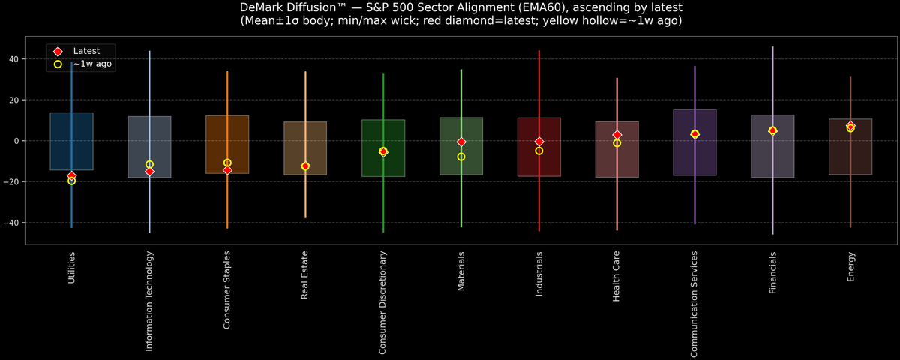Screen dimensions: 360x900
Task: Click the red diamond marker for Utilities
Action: pos(71,175)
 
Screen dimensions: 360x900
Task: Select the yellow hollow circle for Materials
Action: pos(461,157)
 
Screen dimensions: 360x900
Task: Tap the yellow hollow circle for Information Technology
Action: pos(149,164)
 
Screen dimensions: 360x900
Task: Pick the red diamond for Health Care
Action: pos(617,135)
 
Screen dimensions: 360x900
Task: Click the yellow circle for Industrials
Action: pos(539,151)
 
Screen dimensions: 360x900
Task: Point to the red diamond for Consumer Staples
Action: pos(227,170)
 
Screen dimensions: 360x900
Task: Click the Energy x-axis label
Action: pos(850,266)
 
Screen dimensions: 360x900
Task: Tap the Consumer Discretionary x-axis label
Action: pos(382,302)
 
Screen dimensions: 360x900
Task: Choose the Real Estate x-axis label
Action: pos(304,274)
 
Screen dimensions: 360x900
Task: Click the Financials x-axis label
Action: pos(772,272)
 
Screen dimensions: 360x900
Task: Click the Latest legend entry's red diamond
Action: pos(58,51)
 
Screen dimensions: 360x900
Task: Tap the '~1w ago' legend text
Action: pos(92,64)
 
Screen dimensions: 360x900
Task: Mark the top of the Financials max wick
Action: pos(772,47)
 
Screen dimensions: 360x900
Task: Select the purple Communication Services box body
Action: pos(694,157)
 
